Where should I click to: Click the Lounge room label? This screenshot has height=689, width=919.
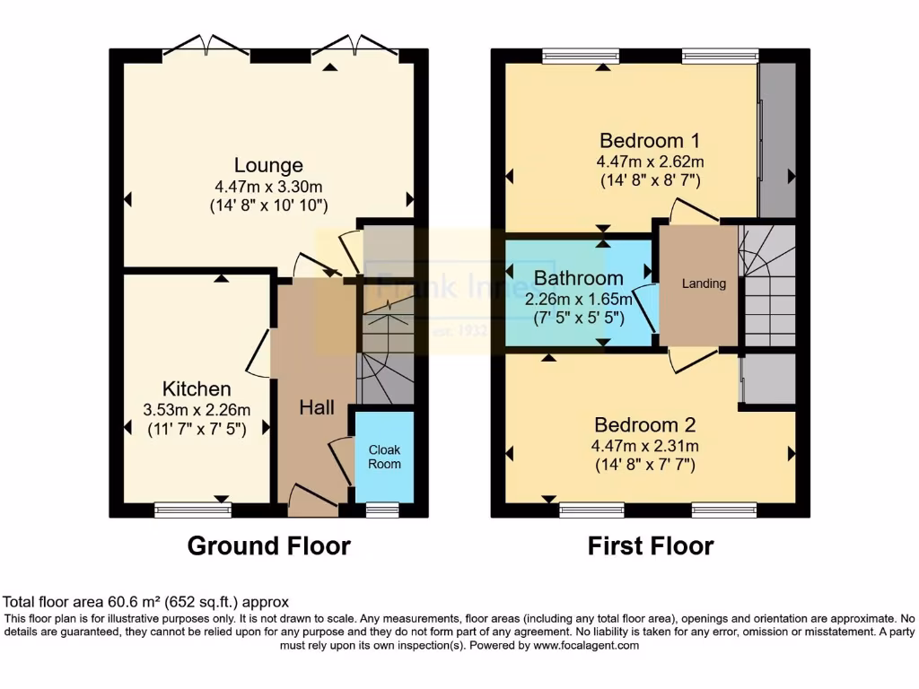click(x=268, y=165)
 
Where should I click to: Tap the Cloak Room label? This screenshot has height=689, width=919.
click(x=384, y=456)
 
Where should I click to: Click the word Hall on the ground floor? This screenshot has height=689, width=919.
click(x=317, y=408)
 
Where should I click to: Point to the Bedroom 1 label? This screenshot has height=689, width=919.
click(x=649, y=141)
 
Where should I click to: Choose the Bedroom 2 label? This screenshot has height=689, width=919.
click(x=644, y=424)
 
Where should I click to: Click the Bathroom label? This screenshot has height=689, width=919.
click(x=578, y=277)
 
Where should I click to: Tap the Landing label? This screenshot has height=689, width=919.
click(x=704, y=284)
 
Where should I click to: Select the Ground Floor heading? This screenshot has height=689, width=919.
click(x=268, y=545)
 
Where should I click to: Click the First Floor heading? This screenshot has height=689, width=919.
click(x=651, y=545)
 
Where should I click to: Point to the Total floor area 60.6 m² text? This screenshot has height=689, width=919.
click(x=146, y=602)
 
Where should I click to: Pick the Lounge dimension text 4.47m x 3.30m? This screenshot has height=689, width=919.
click(x=268, y=187)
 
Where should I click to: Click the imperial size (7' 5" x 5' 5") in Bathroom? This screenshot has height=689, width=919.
click(x=578, y=318)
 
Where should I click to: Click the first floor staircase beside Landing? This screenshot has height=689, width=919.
click(x=767, y=283)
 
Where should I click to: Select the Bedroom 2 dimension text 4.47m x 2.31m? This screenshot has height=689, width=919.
click(x=644, y=446)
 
